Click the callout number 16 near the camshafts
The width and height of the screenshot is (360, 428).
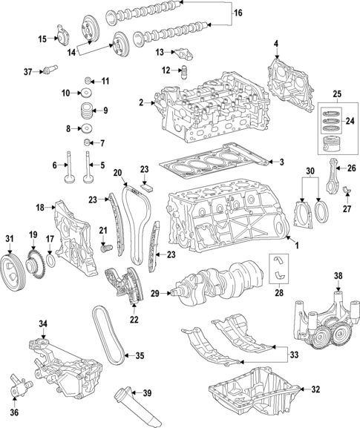point(238,13)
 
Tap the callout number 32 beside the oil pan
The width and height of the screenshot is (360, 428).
point(315,389)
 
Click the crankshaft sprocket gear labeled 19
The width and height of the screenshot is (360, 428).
point(33,263)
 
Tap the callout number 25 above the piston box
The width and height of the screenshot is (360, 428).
point(338,94)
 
